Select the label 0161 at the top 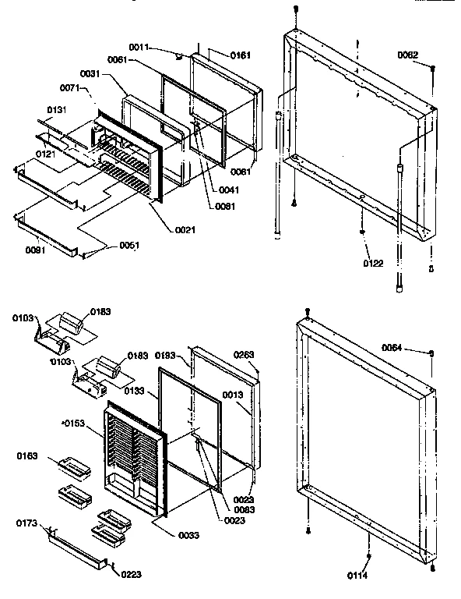241,56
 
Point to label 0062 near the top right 407,55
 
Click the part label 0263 245,355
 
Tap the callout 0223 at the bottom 132,576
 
